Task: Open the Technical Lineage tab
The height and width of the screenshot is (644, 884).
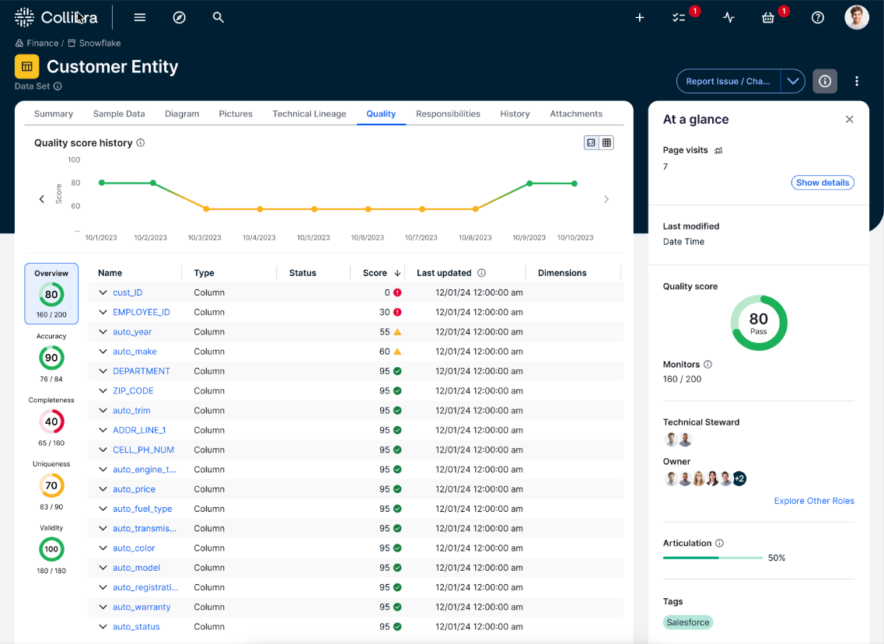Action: [x=309, y=114]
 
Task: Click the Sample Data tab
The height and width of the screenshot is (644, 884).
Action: [x=119, y=114]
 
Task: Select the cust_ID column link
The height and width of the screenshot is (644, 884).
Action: [x=128, y=292]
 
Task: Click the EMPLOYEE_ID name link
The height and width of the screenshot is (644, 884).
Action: [x=141, y=312]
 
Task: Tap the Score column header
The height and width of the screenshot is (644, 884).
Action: [x=375, y=273]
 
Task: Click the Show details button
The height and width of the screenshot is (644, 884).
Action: [x=822, y=183]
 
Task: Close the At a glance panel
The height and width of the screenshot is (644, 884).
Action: [x=849, y=120]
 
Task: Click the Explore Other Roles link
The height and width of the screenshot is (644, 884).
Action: [x=813, y=501]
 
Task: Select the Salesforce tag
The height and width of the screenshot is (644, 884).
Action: [x=688, y=622]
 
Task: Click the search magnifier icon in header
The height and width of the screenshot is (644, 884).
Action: [x=218, y=17]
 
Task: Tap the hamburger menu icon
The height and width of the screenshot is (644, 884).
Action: [x=140, y=17]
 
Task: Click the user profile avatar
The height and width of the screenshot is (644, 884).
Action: [x=856, y=17]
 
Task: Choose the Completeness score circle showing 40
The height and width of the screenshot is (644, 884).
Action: [x=51, y=422]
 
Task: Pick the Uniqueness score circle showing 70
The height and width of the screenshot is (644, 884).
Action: [x=51, y=485]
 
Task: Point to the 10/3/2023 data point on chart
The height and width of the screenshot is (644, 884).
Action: [x=206, y=209]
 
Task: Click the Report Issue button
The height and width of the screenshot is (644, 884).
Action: [x=728, y=81]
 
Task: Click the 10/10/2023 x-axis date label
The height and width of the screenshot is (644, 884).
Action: [x=575, y=238]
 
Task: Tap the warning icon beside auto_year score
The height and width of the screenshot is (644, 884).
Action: [x=397, y=331]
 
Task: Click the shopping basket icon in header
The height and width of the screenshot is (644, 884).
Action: [x=768, y=17]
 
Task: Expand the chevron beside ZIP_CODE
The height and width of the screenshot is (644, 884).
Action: [x=103, y=390]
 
